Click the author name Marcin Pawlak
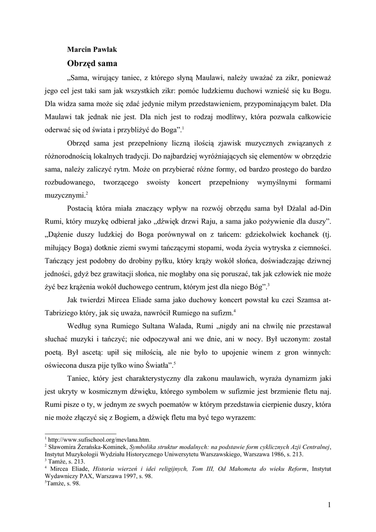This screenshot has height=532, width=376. (92, 49)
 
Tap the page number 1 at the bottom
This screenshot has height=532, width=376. (330, 504)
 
